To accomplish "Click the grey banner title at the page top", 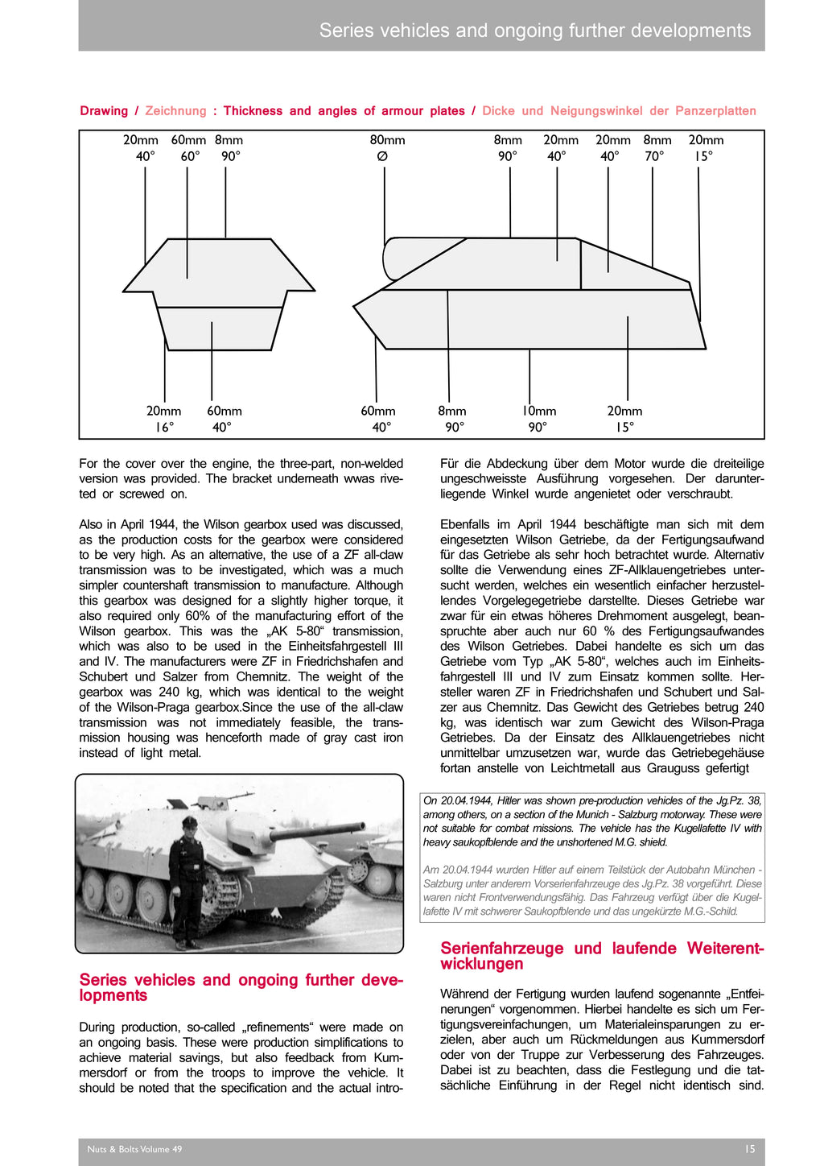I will coord(534,31).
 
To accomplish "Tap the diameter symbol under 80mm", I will coord(382,156).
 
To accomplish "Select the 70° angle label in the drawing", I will coord(654,156).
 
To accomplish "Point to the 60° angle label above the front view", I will coord(190,156).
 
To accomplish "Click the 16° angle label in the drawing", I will coord(164,428).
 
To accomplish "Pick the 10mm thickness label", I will coord(538,411).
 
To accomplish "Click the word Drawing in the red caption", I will coord(104,111).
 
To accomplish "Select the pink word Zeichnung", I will coord(175,111).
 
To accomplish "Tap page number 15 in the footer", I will coord(749,1149).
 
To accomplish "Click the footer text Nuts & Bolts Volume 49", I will coord(134,1149).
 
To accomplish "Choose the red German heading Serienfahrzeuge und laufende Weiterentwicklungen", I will coord(602,956).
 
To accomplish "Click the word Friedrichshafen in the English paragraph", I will coord(330,662).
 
